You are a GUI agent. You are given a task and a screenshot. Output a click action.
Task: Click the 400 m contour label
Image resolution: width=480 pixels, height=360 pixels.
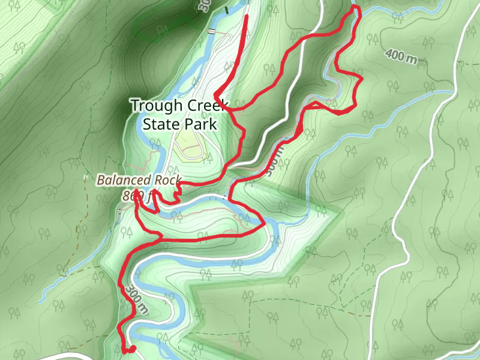(401, 57)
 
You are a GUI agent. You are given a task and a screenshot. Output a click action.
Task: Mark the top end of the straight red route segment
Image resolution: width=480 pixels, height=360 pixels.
(247, 15)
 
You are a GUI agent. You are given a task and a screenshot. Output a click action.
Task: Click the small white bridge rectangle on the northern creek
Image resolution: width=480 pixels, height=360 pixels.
(211, 31)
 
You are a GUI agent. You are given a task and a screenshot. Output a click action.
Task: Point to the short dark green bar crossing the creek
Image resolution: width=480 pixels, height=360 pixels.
(226, 10)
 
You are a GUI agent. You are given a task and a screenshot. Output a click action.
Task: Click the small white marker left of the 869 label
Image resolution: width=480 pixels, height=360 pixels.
(120, 211)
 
